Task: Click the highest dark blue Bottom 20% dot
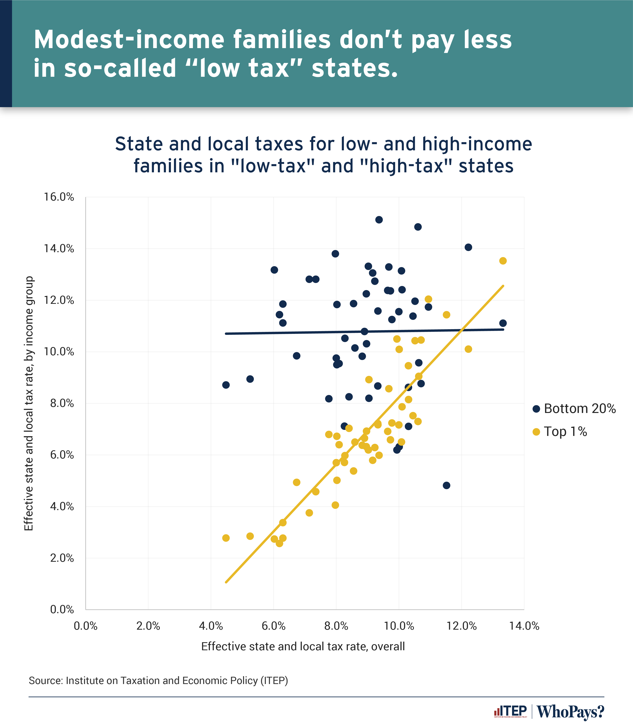click(x=379, y=220)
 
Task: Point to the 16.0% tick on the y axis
click(x=59, y=197)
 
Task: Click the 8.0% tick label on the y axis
click(x=62, y=403)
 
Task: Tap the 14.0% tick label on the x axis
click(x=524, y=626)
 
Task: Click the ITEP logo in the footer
click(x=510, y=711)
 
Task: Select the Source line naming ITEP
click(x=158, y=680)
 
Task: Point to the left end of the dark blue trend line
click(x=226, y=333)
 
